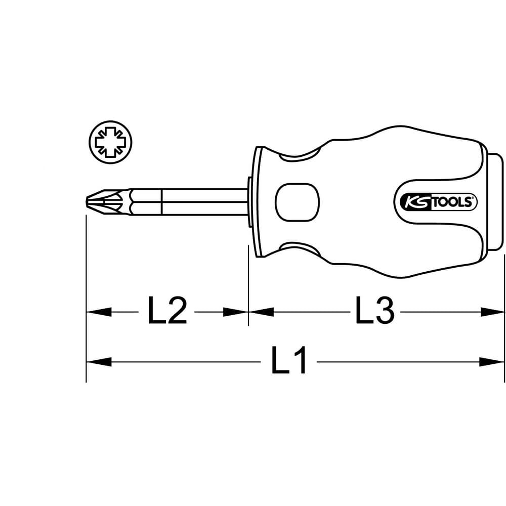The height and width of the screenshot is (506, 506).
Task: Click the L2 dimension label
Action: (x=167, y=311)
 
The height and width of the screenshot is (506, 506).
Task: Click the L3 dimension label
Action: (x=374, y=311)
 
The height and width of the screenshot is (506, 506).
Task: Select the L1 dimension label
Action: (x=289, y=360)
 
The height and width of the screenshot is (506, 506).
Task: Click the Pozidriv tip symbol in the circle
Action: (x=111, y=142)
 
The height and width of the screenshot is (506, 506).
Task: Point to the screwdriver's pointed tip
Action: (x=87, y=202)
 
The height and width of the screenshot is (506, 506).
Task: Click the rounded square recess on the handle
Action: (x=297, y=202)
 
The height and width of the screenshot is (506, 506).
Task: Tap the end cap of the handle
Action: (x=495, y=202)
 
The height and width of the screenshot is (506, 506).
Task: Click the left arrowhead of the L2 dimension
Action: (x=99, y=312)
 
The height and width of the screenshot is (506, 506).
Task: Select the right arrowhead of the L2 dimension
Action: (x=236, y=312)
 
